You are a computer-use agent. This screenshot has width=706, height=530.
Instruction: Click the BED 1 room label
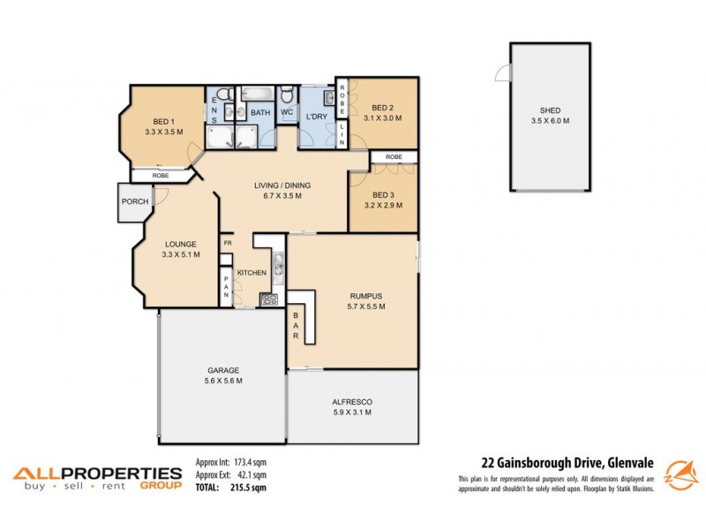tap(161, 121)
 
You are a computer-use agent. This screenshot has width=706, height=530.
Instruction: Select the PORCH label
tap(135, 202)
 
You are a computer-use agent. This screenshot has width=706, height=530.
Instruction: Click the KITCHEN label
tap(252, 273)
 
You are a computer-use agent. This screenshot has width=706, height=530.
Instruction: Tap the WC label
tap(287, 112)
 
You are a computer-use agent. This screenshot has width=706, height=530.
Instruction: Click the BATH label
tap(260, 112)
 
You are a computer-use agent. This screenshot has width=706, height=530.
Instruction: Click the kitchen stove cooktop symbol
tap(268, 299)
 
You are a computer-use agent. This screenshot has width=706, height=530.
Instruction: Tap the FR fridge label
tap(227, 243)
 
